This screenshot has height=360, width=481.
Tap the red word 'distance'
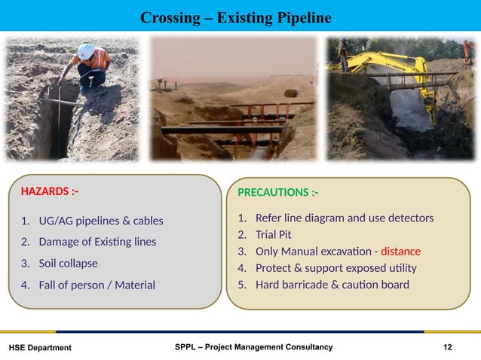[x=400, y=252]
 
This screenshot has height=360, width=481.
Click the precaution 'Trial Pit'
[x=274, y=235]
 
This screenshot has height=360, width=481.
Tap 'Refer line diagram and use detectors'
[x=345, y=218]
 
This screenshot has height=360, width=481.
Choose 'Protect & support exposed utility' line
[x=336, y=268]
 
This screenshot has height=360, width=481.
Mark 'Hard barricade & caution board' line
[x=332, y=285]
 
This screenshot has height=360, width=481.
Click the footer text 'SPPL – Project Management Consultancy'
[x=253, y=346]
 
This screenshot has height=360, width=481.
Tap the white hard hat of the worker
[x=87, y=50]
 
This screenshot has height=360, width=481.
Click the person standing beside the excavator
[x=343, y=54]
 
